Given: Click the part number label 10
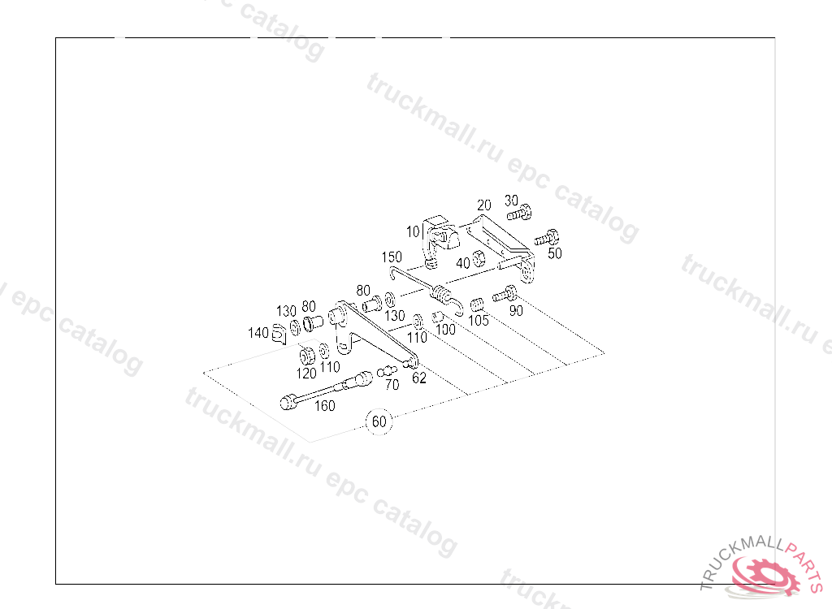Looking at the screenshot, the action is coord(414,231).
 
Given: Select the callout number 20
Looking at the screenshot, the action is coord(484,205).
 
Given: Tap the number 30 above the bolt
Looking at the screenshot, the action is coord(511,201).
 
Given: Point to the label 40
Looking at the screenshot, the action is coord(462,263).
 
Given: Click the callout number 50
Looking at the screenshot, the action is coord(555,253).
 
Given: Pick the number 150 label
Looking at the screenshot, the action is coord(392,257).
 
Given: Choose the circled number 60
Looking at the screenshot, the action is coord(379,422).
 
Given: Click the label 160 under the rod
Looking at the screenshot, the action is coord(324,406).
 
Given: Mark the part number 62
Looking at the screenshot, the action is coord(419,378).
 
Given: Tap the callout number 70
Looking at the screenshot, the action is coord(392,386).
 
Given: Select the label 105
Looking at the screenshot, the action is coord(479,321).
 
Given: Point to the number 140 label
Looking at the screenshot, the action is coord(258,333).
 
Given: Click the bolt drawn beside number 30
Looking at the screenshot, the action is coord(519,214).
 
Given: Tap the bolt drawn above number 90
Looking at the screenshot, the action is coord(505,293).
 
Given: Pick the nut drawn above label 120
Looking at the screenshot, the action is coord(307,355).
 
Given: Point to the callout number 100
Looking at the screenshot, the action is coord(445,330).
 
